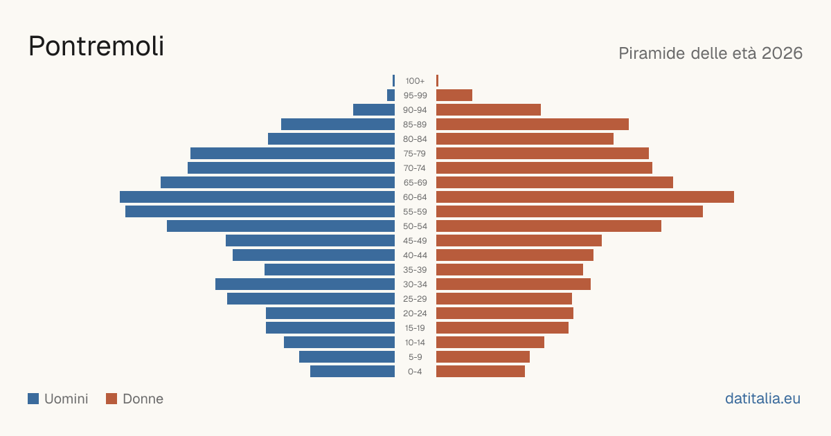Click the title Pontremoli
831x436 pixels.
pyautogui.click(x=96, y=46)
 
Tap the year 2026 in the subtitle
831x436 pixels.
pyautogui.click(x=782, y=53)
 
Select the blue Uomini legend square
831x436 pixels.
pyautogui.click(x=33, y=399)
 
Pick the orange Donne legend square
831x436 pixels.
pyautogui.click(x=111, y=399)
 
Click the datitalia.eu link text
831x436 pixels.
pyautogui.click(x=762, y=399)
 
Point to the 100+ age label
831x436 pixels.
pyautogui.click(x=415, y=81)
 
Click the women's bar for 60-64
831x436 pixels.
pyautogui.click(x=585, y=197)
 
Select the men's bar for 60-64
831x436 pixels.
pyautogui.click(x=257, y=197)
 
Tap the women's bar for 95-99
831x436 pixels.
pyautogui.click(x=454, y=96)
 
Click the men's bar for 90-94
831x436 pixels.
pyautogui.click(x=374, y=110)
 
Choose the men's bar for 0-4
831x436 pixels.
pyautogui.click(x=352, y=372)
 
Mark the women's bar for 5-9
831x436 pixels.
pyautogui.click(x=483, y=357)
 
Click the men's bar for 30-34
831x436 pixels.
pyautogui.click(x=305, y=284)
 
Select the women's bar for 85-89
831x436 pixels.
pyautogui.click(x=533, y=124)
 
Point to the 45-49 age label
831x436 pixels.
pyautogui.click(x=415, y=241)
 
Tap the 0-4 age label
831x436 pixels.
pyautogui.click(x=415, y=372)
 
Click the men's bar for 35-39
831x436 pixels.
pyautogui.click(x=330, y=269)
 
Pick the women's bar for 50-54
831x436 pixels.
pyautogui.click(x=548, y=226)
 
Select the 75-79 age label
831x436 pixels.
pyautogui.click(x=415, y=154)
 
